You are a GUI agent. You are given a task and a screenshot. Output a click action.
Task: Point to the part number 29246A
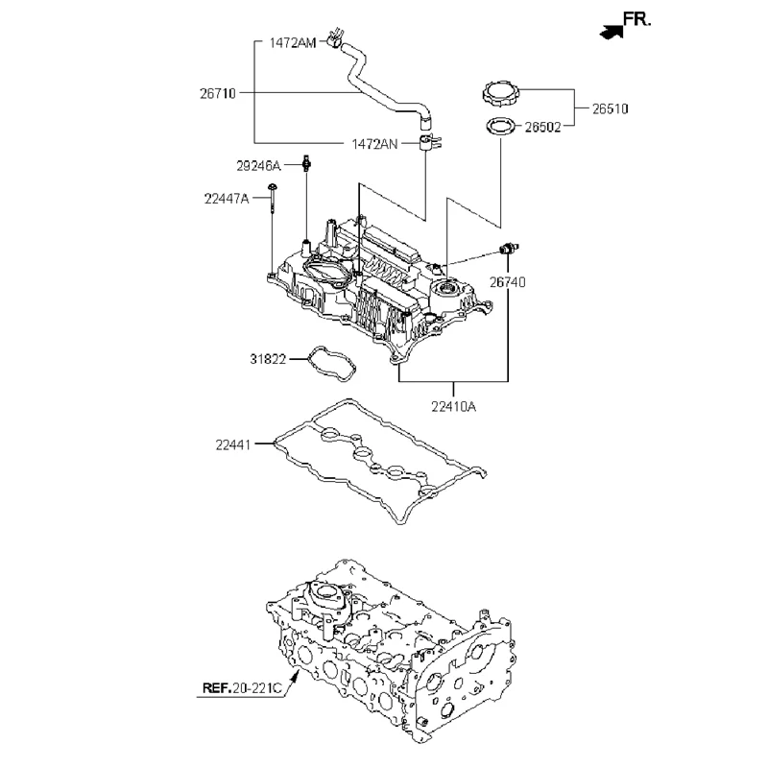click(x=259, y=165)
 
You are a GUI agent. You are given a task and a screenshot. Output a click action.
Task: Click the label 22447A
click(x=227, y=199)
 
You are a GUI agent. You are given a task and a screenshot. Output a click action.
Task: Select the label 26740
click(x=509, y=282)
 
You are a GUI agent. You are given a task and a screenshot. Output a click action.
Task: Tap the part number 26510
click(x=609, y=108)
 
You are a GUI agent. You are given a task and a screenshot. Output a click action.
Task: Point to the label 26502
click(x=544, y=126)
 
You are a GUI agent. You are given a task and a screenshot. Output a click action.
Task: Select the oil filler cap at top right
click(x=500, y=94)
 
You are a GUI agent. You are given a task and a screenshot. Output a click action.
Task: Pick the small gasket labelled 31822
click(x=328, y=364)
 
